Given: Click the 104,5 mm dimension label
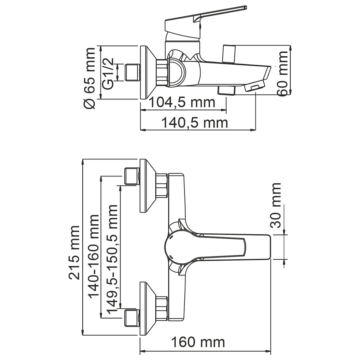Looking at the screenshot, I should (x=182, y=102).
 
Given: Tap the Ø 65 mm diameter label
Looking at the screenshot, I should (x=89, y=78).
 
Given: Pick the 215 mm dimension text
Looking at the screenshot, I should (x=74, y=252).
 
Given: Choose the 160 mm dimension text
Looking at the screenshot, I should (x=198, y=342).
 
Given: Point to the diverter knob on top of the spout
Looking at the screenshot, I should (x=229, y=54).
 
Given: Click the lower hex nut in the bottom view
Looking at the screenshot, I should (x=162, y=308).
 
